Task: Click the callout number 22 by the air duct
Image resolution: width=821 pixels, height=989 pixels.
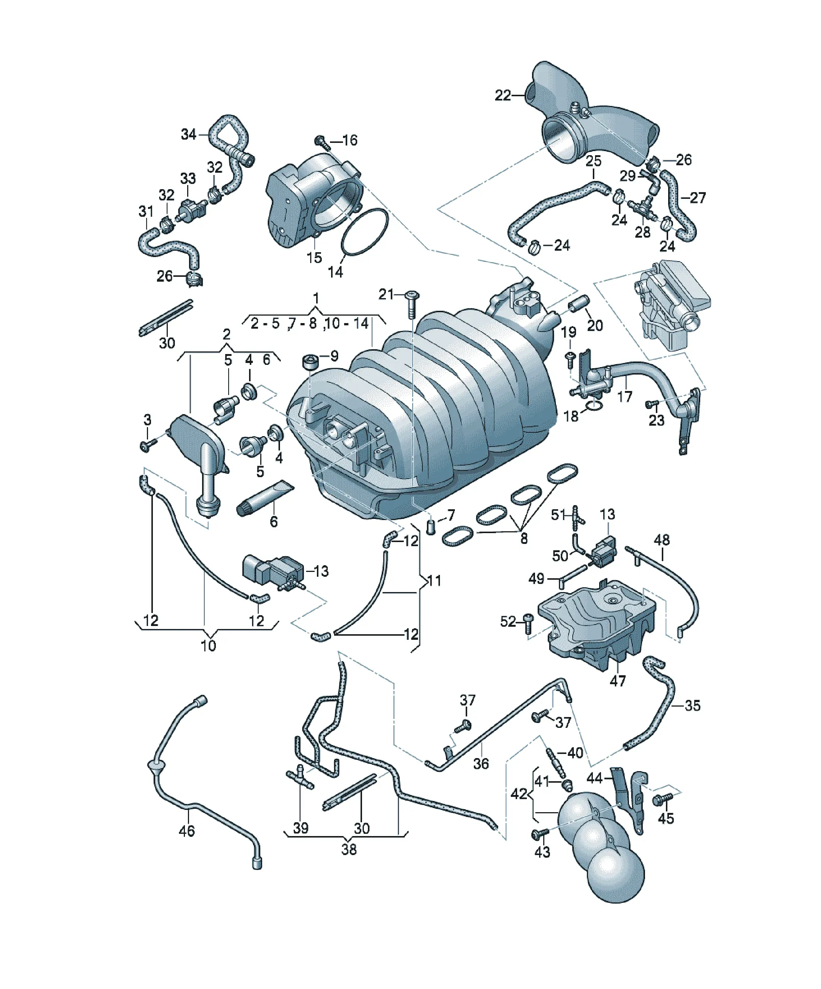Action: tap(502, 96)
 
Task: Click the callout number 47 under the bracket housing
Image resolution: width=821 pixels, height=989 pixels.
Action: tap(618, 680)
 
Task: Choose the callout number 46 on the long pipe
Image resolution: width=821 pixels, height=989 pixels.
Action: tap(186, 830)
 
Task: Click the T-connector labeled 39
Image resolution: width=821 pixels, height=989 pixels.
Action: tap(300, 779)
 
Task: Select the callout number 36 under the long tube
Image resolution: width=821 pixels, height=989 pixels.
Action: tap(481, 763)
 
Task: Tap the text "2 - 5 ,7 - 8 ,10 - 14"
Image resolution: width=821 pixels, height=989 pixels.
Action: tap(309, 323)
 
